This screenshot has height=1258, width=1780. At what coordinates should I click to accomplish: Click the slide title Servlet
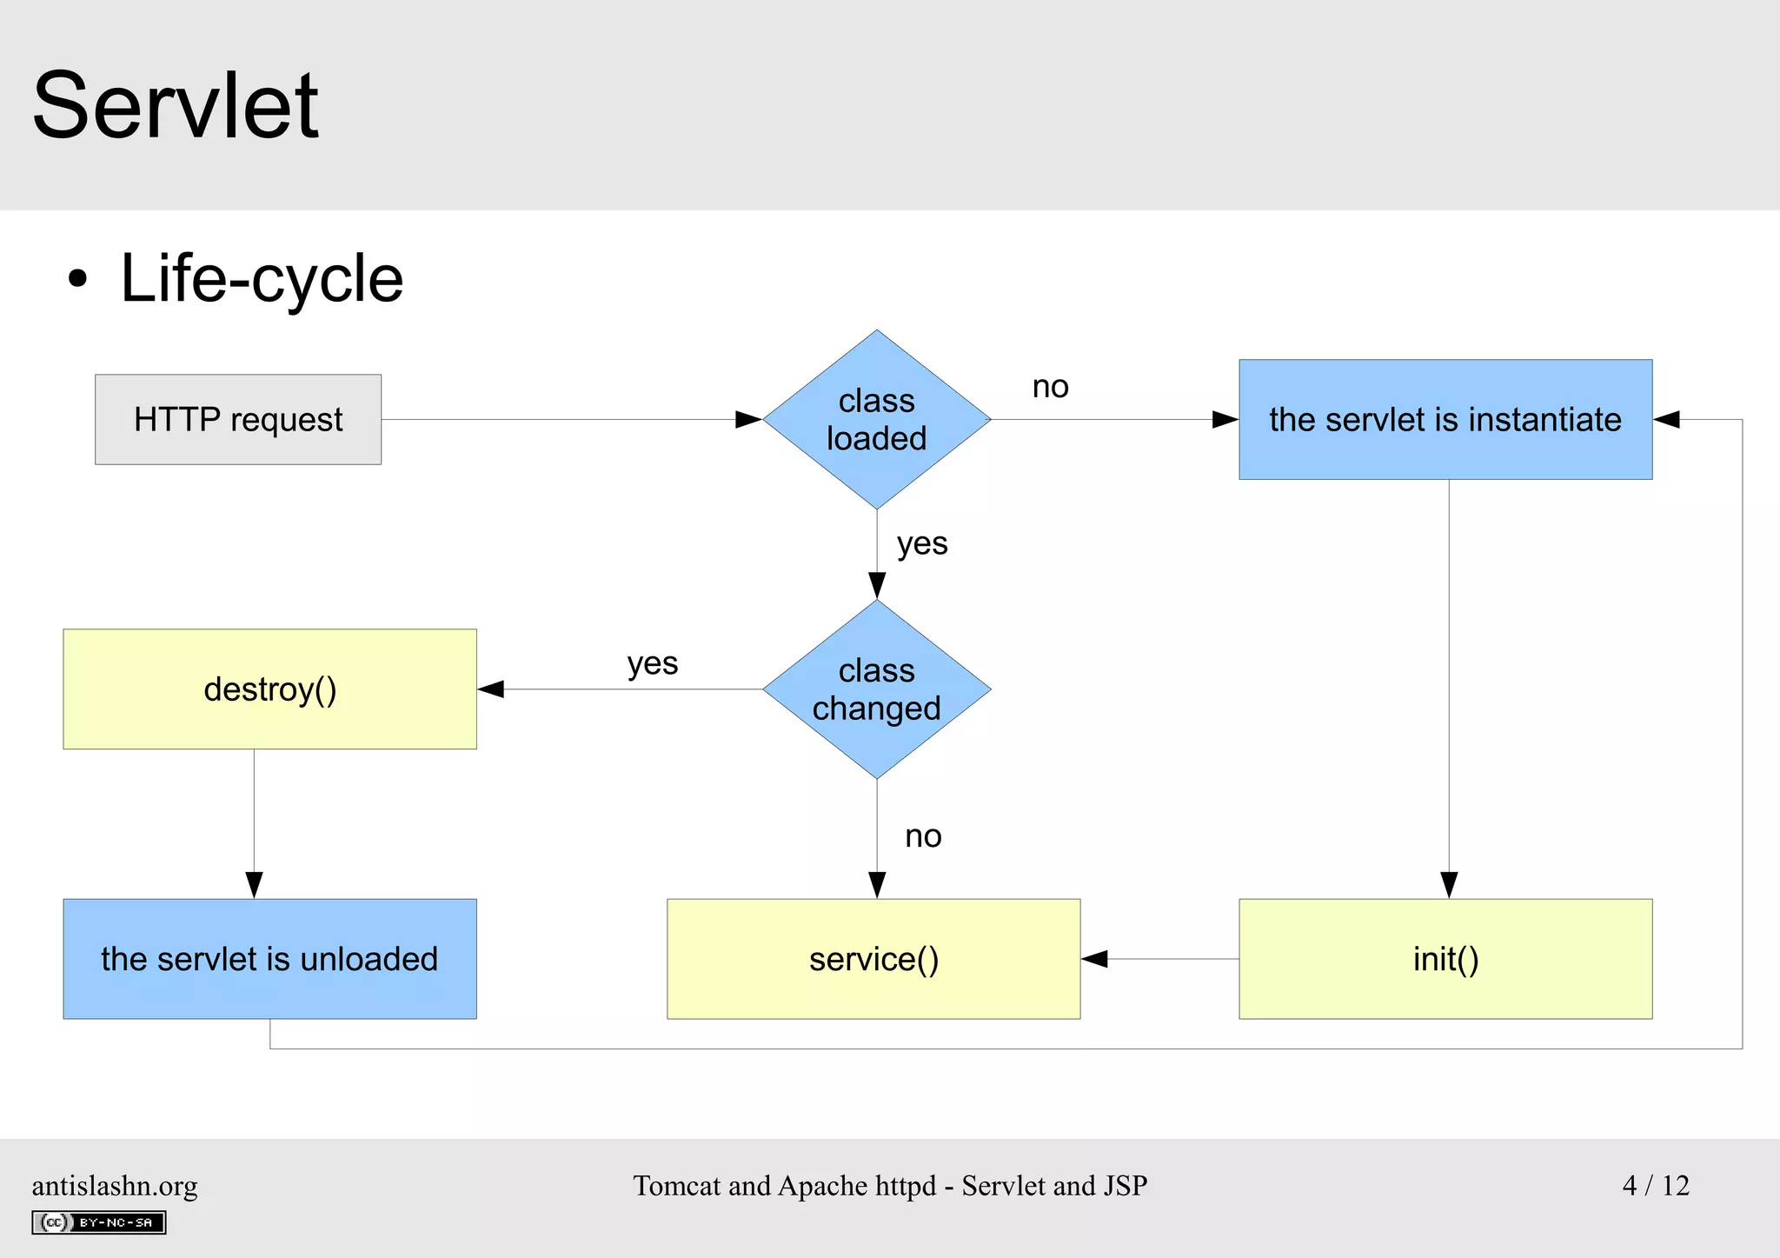coord(176,106)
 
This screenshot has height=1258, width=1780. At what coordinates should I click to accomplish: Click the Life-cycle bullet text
coord(261,279)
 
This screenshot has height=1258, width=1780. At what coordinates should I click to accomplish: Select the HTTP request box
coord(238,420)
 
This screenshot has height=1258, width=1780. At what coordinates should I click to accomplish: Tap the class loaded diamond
coord(876,420)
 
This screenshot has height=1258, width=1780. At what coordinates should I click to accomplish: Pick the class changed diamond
coord(876,689)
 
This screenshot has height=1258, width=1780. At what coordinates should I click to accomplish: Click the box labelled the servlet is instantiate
coord(1445,420)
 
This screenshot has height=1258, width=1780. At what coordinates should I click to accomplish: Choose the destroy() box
coord(269,689)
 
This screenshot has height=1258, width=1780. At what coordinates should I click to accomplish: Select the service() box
coord(873,959)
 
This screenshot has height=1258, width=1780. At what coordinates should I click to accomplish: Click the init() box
coord(1445,959)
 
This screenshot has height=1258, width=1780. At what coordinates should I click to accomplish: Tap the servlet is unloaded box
coord(269,959)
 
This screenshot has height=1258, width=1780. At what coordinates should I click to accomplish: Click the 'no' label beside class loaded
coord(1050,387)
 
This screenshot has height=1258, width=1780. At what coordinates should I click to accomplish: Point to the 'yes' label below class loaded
coord(922,544)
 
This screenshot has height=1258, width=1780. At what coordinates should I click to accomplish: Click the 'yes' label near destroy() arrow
coord(652,664)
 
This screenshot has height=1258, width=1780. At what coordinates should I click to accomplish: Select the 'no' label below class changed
coord(922,836)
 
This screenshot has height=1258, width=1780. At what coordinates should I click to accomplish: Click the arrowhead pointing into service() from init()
coord(1095,959)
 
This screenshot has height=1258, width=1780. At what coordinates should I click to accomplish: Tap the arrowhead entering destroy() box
coord(491,689)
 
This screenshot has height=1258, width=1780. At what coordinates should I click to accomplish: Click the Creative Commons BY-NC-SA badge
coord(99,1222)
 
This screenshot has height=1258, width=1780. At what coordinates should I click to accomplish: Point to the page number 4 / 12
coord(1655,1185)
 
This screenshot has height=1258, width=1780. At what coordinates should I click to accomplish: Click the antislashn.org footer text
coord(115,1186)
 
